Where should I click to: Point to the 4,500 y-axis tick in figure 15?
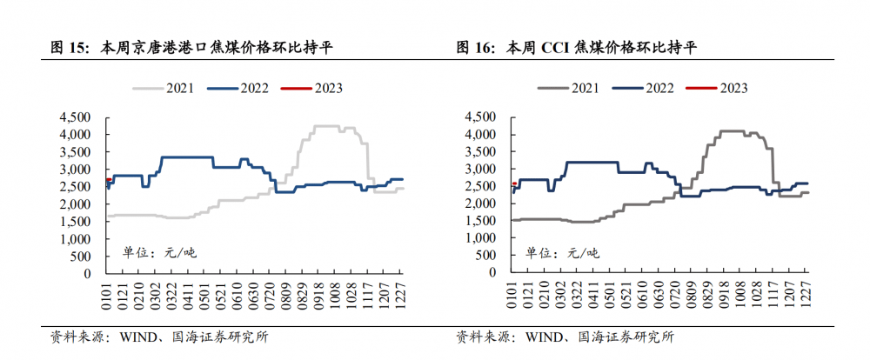click(76, 117)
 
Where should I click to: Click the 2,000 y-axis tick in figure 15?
click(76, 203)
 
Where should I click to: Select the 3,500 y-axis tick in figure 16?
click(482, 151)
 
